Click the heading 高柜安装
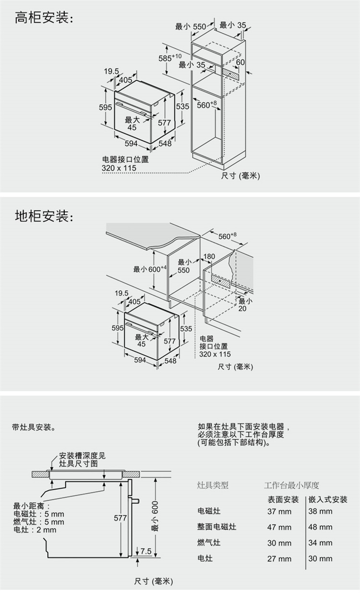pyautogui.click(x=44, y=19)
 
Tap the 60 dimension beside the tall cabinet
pyautogui.click(x=240, y=62)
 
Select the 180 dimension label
pyautogui.click(x=209, y=257)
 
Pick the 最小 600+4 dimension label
pyautogui.click(x=150, y=269)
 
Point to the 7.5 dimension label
pyautogui.click(x=146, y=552)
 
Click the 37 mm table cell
pyautogui.click(x=279, y=511)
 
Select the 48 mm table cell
pyautogui.click(x=320, y=527)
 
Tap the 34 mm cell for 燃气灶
pyautogui.click(x=320, y=543)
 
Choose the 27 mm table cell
pyautogui.click(x=279, y=559)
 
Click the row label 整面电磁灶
pyautogui.click(x=217, y=527)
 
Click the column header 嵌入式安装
pyautogui.click(x=328, y=499)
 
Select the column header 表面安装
pyautogui.click(x=283, y=499)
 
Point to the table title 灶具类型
pyautogui.click(x=213, y=485)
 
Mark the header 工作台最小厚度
pyautogui.click(x=291, y=485)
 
